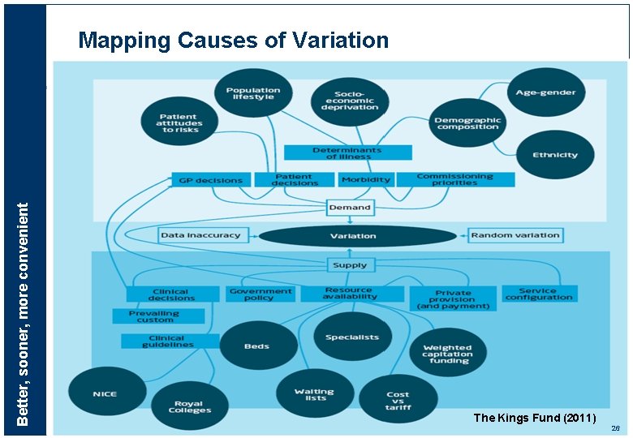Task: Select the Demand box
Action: [350, 208]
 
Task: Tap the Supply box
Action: [350, 264]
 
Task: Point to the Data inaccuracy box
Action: [200, 235]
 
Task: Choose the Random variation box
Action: [515, 235]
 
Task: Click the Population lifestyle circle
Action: [253, 94]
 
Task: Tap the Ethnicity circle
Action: [555, 155]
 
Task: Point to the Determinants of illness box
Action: [348, 152]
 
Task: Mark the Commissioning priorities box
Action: [454, 179]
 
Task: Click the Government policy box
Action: [261, 294]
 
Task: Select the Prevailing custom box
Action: [153, 316]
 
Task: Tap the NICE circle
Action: [105, 394]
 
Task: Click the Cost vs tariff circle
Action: [398, 399]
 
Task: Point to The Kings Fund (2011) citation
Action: [535, 418]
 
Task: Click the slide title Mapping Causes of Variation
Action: [234, 40]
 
